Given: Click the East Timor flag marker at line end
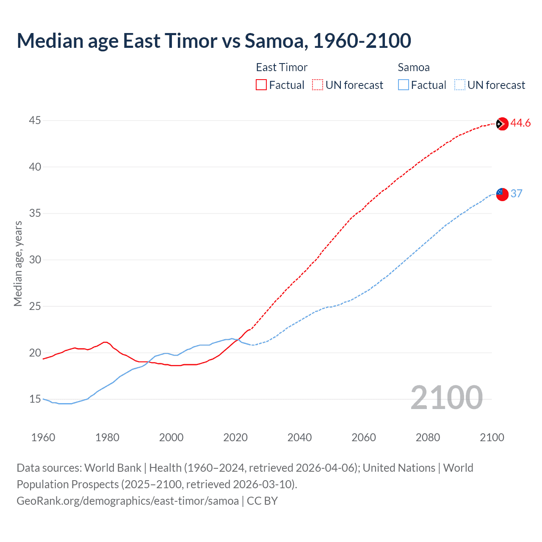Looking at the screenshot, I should click(x=502, y=124).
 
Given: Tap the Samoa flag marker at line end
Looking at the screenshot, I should click(x=502, y=194).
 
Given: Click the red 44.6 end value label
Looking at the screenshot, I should click(x=520, y=123).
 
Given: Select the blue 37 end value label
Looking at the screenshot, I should click(x=516, y=194).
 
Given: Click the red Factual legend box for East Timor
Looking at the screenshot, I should click(x=261, y=85).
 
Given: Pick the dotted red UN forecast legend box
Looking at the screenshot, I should click(x=318, y=85).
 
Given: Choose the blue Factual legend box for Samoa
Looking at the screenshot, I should click(x=403, y=85).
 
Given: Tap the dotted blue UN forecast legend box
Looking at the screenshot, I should click(x=459, y=85).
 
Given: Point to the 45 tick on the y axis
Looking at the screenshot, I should click(x=35, y=121).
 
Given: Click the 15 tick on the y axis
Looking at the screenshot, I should click(x=35, y=399).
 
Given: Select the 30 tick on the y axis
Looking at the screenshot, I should click(x=35, y=260).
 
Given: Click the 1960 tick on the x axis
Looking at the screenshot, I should click(x=43, y=437).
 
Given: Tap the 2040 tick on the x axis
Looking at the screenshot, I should click(x=299, y=437).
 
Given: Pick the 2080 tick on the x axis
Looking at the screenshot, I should click(x=428, y=437).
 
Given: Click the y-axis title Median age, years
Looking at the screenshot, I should click(x=18, y=263).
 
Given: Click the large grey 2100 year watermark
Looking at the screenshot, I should click(x=446, y=397).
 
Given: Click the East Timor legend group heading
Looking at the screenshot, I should click(x=282, y=67).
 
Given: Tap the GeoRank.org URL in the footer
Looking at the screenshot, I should click(x=127, y=501).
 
